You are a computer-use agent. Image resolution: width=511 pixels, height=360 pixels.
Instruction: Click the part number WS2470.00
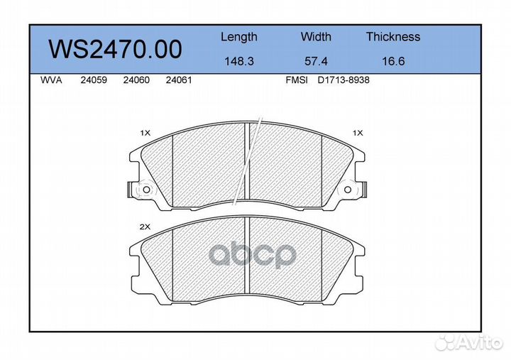(115, 49)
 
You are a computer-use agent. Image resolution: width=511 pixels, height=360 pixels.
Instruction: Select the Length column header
(239, 37)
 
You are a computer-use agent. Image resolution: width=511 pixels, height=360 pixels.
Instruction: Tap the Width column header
(316, 36)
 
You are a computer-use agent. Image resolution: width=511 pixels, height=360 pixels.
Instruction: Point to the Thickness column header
(393, 36)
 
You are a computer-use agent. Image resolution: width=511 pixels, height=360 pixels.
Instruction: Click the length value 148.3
(239, 61)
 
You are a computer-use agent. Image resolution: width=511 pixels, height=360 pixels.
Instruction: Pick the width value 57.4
(316, 61)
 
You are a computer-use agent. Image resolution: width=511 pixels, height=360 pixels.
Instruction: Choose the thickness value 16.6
(393, 61)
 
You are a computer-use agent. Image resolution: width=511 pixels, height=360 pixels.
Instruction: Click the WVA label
(51, 80)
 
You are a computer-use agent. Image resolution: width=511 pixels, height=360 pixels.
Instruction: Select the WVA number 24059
(94, 80)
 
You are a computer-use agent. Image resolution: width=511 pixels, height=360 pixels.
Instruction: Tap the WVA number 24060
(136, 80)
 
